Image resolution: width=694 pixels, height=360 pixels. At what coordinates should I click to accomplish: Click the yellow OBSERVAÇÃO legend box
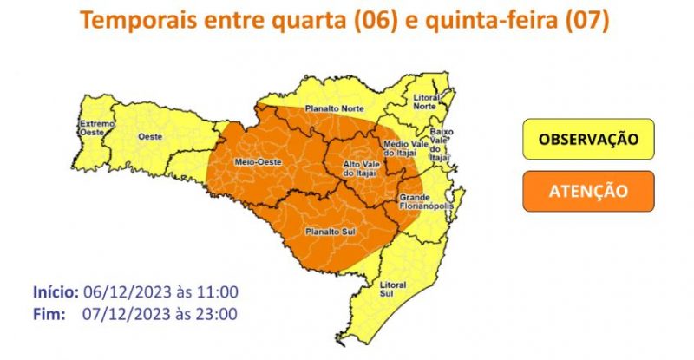588,140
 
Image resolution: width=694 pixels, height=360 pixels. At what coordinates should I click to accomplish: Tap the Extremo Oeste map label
96,128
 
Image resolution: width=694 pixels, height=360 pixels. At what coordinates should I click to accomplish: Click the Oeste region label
150,137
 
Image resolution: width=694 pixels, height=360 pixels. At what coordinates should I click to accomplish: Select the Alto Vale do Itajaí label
363,170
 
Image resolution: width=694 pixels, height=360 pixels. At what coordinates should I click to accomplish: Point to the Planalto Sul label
327,232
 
